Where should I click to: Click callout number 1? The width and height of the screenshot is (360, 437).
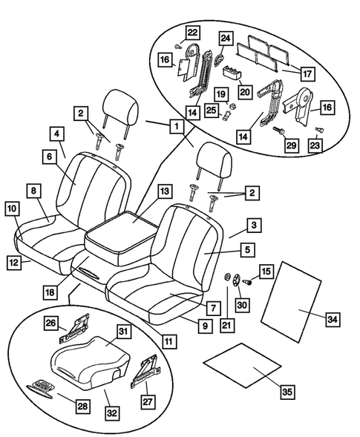176,127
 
